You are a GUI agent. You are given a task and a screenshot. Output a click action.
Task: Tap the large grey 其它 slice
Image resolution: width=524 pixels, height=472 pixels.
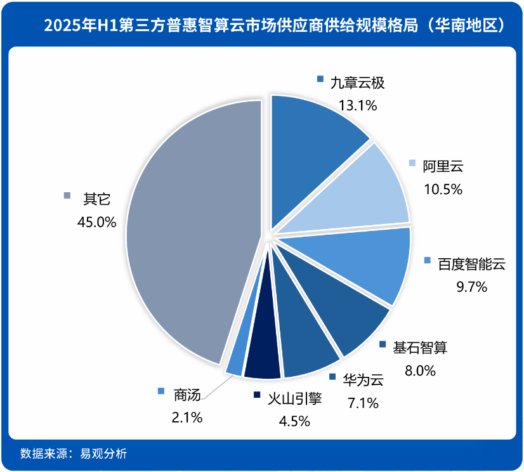[x=190, y=228]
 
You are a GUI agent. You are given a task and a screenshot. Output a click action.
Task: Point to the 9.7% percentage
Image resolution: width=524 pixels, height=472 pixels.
[x=471, y=287]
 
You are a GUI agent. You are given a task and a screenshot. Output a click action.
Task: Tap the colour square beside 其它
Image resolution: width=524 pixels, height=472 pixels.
[x=68, y=196]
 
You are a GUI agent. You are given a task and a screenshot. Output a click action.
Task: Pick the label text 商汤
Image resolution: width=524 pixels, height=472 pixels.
[x=187, y=395]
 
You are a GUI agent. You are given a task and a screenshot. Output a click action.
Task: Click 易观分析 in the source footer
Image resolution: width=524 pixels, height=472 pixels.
[x=103, y=454]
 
